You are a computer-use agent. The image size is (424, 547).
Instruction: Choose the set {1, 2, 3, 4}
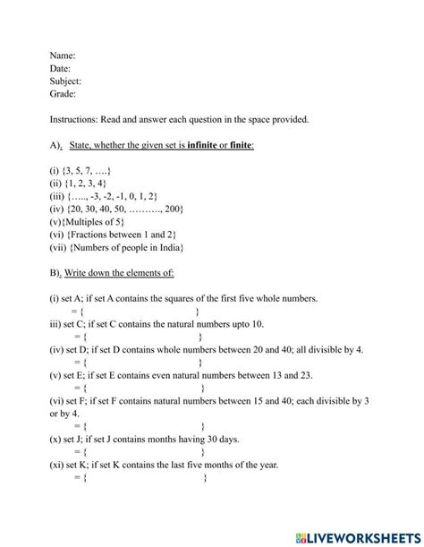coord(87,183)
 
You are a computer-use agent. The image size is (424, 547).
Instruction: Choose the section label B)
coord(56,273)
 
